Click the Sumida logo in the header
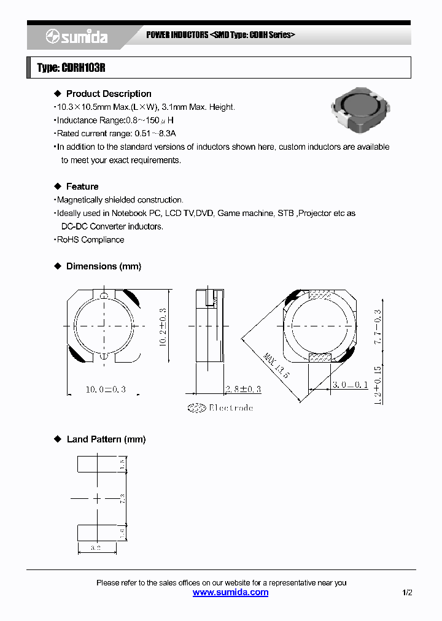click(77, 37)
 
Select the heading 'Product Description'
click(108, 94)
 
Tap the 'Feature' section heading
click(82, 187)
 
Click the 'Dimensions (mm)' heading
click(103, 266)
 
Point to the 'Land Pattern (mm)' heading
click(106, 439)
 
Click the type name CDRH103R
click(71, 68)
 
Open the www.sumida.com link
click(230, 592)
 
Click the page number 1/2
click(408, 593)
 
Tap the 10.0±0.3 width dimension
click(105, 389)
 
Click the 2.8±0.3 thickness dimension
click(242, 389)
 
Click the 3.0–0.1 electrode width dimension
click(350, 384)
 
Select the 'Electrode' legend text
click(230, 408)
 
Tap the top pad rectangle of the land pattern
click(96, 464)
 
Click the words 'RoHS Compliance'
click(90, 240)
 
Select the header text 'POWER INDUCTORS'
click(177, 35)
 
